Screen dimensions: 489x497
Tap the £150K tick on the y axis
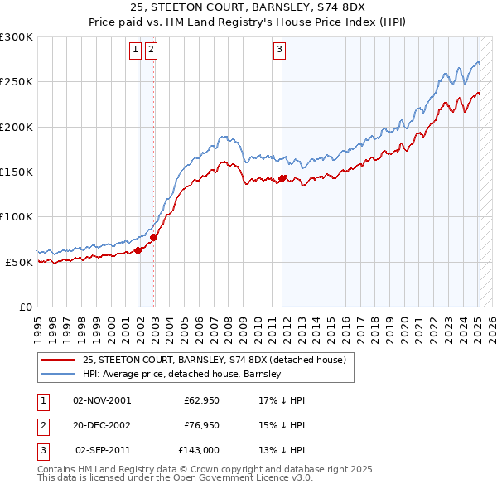pos(17,172)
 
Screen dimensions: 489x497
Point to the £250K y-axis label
pos(17,82)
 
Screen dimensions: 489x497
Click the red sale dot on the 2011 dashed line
pos(282,178)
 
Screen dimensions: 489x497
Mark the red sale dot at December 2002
pos(154,237)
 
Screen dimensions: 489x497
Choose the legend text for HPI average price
pos(182,375)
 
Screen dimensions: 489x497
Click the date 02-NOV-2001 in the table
pos(102,400)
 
